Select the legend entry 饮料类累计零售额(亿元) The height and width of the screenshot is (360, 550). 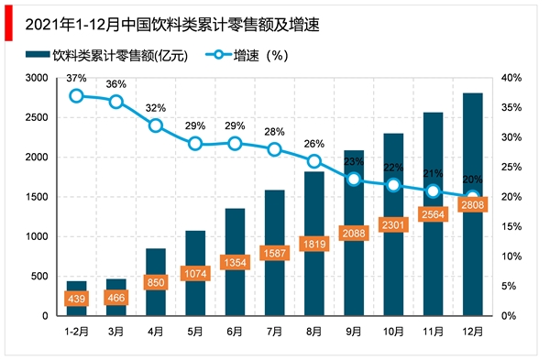tap(119, 55)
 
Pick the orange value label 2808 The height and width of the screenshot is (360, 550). tap(472, 204)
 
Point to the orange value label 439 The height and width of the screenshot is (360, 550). tap(77, 298)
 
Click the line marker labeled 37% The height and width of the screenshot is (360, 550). tap(77, 95)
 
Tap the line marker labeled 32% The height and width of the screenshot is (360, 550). tap(156, 125)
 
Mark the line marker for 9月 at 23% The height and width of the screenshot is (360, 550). tap(354, 179)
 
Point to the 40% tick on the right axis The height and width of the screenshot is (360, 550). tap(512, 78)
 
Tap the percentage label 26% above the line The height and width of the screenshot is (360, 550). tap(314, 144)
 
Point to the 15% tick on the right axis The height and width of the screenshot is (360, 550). tap(512, 226)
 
